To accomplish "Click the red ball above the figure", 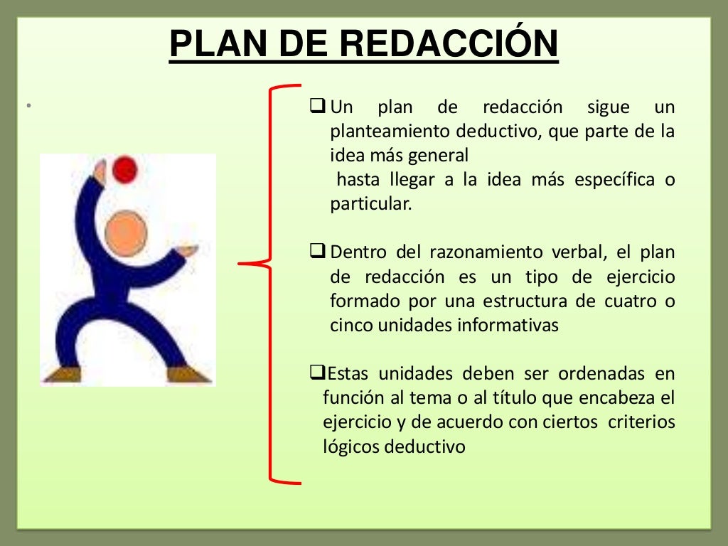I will coord(125,170).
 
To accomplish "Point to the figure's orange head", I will coord(125,233).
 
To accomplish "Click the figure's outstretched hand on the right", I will coord(188,250).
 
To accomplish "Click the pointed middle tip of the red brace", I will coord(242,264).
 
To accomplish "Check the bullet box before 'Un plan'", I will coord(318,108).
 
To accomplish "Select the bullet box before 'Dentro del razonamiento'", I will coord(318,252).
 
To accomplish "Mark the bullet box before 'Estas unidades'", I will coord(316,373).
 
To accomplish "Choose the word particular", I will coord(370,204).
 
